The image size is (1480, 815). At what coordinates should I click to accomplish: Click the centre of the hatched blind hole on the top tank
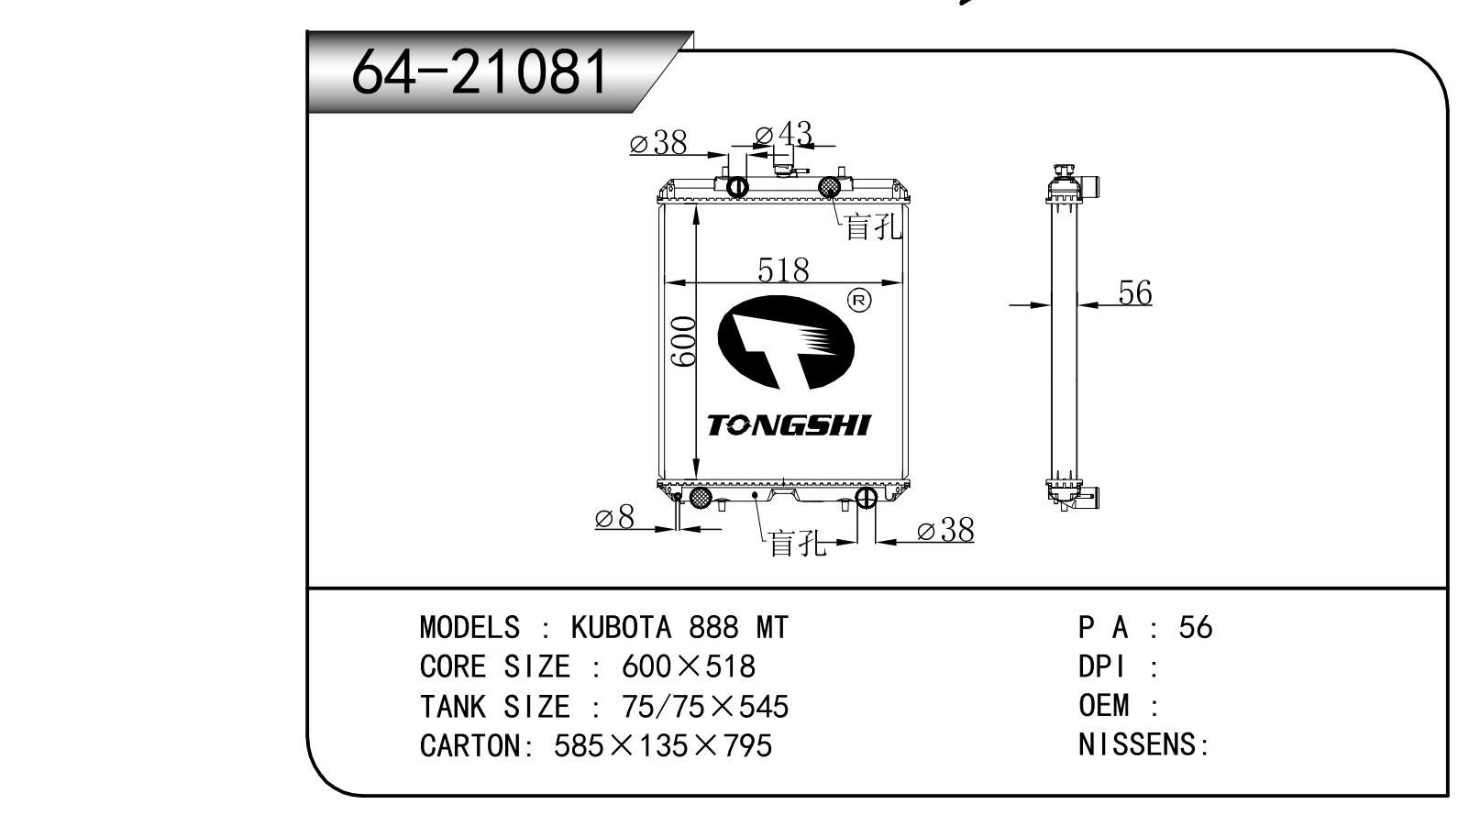(829, 187)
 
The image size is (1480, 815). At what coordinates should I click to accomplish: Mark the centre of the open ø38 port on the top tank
(737, 188)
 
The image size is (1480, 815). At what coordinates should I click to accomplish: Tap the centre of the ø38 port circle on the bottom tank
(866, 497)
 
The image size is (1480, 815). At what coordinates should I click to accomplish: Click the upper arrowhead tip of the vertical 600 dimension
(695, 204)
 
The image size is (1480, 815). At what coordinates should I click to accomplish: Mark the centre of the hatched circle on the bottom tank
(701, 497)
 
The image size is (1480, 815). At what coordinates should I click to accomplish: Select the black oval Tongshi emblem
(786, 342)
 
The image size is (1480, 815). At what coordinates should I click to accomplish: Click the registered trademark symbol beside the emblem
(859, 302)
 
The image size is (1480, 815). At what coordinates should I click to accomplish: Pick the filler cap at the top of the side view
(1065, 173)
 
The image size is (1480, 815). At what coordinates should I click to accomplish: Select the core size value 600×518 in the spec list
(689, 666)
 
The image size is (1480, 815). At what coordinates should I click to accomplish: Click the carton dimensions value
(663, 745)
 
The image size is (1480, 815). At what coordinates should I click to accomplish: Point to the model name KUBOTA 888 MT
(679, 627)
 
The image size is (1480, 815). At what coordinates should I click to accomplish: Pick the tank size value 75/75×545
(705, 706)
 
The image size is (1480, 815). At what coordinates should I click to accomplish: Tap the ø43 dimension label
(783, 134)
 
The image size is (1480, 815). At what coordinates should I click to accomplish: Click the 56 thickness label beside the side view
(1135, 292)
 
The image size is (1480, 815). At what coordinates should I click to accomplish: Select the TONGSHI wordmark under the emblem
(789, 425)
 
